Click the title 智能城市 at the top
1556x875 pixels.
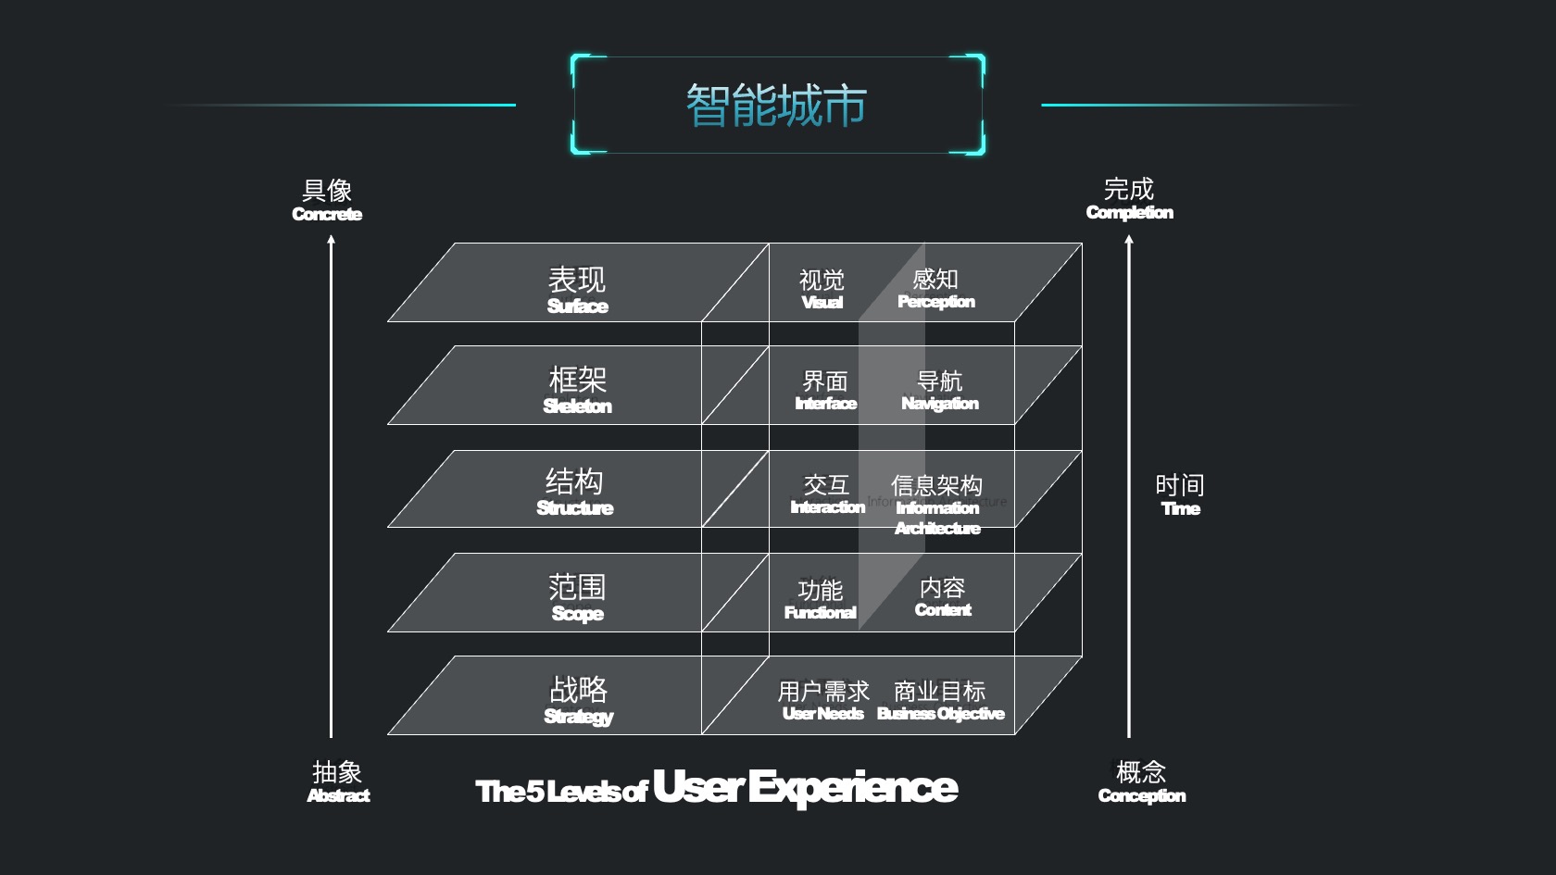pyautogui.click(x=776, y=106)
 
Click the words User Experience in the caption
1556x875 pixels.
pyautogui.click(x=805, y=787)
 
